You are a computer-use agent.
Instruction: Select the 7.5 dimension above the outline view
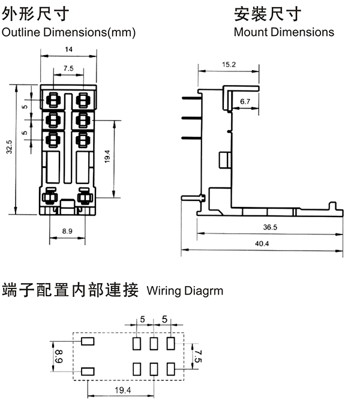tap(68, 68)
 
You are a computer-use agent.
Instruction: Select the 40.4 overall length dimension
tap(263, 243)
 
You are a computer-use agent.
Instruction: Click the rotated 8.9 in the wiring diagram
tap(58, 357)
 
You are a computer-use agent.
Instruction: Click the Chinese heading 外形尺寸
tap(35, 13)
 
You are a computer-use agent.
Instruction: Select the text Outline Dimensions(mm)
tap(69, 32)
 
